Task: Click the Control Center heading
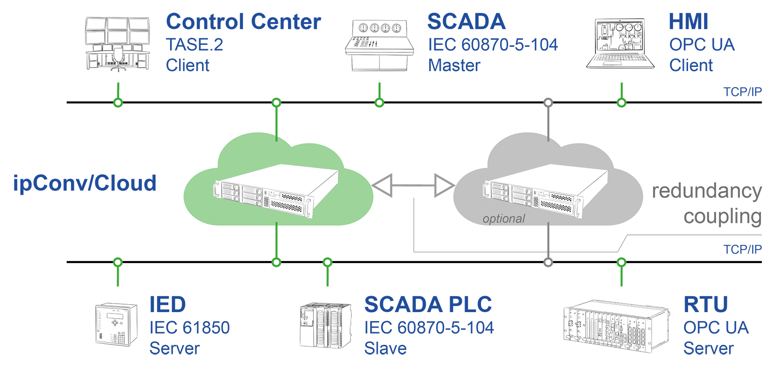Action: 243,22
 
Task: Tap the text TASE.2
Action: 194,45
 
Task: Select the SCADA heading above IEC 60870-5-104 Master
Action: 466,22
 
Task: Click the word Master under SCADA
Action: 454,66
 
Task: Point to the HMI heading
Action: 688,22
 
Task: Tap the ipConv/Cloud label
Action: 85,183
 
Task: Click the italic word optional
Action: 503,219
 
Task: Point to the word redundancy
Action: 707,191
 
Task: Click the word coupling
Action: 722,216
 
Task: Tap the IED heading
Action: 167,305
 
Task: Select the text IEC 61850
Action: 189,328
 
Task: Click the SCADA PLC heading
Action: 428,305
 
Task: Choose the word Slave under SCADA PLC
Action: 385,349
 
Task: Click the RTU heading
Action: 705,305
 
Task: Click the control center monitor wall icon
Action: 117,43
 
